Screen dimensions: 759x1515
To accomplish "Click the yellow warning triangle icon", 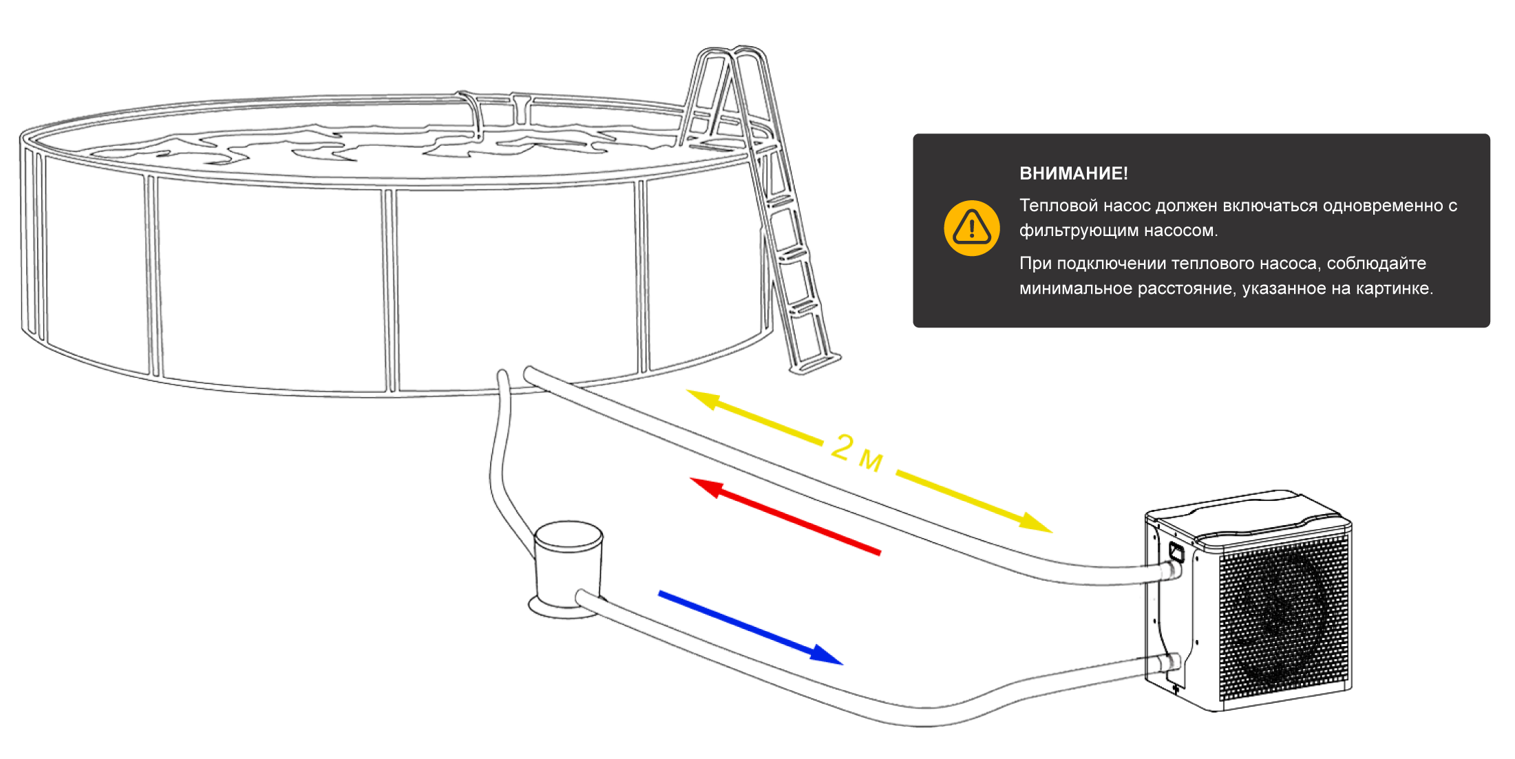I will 971,228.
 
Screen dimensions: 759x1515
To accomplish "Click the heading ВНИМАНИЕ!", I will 1073,173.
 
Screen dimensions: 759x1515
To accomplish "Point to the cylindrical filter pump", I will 569,568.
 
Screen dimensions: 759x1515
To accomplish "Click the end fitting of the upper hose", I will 1171,571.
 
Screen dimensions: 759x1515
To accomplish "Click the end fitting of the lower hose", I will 1171,663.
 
